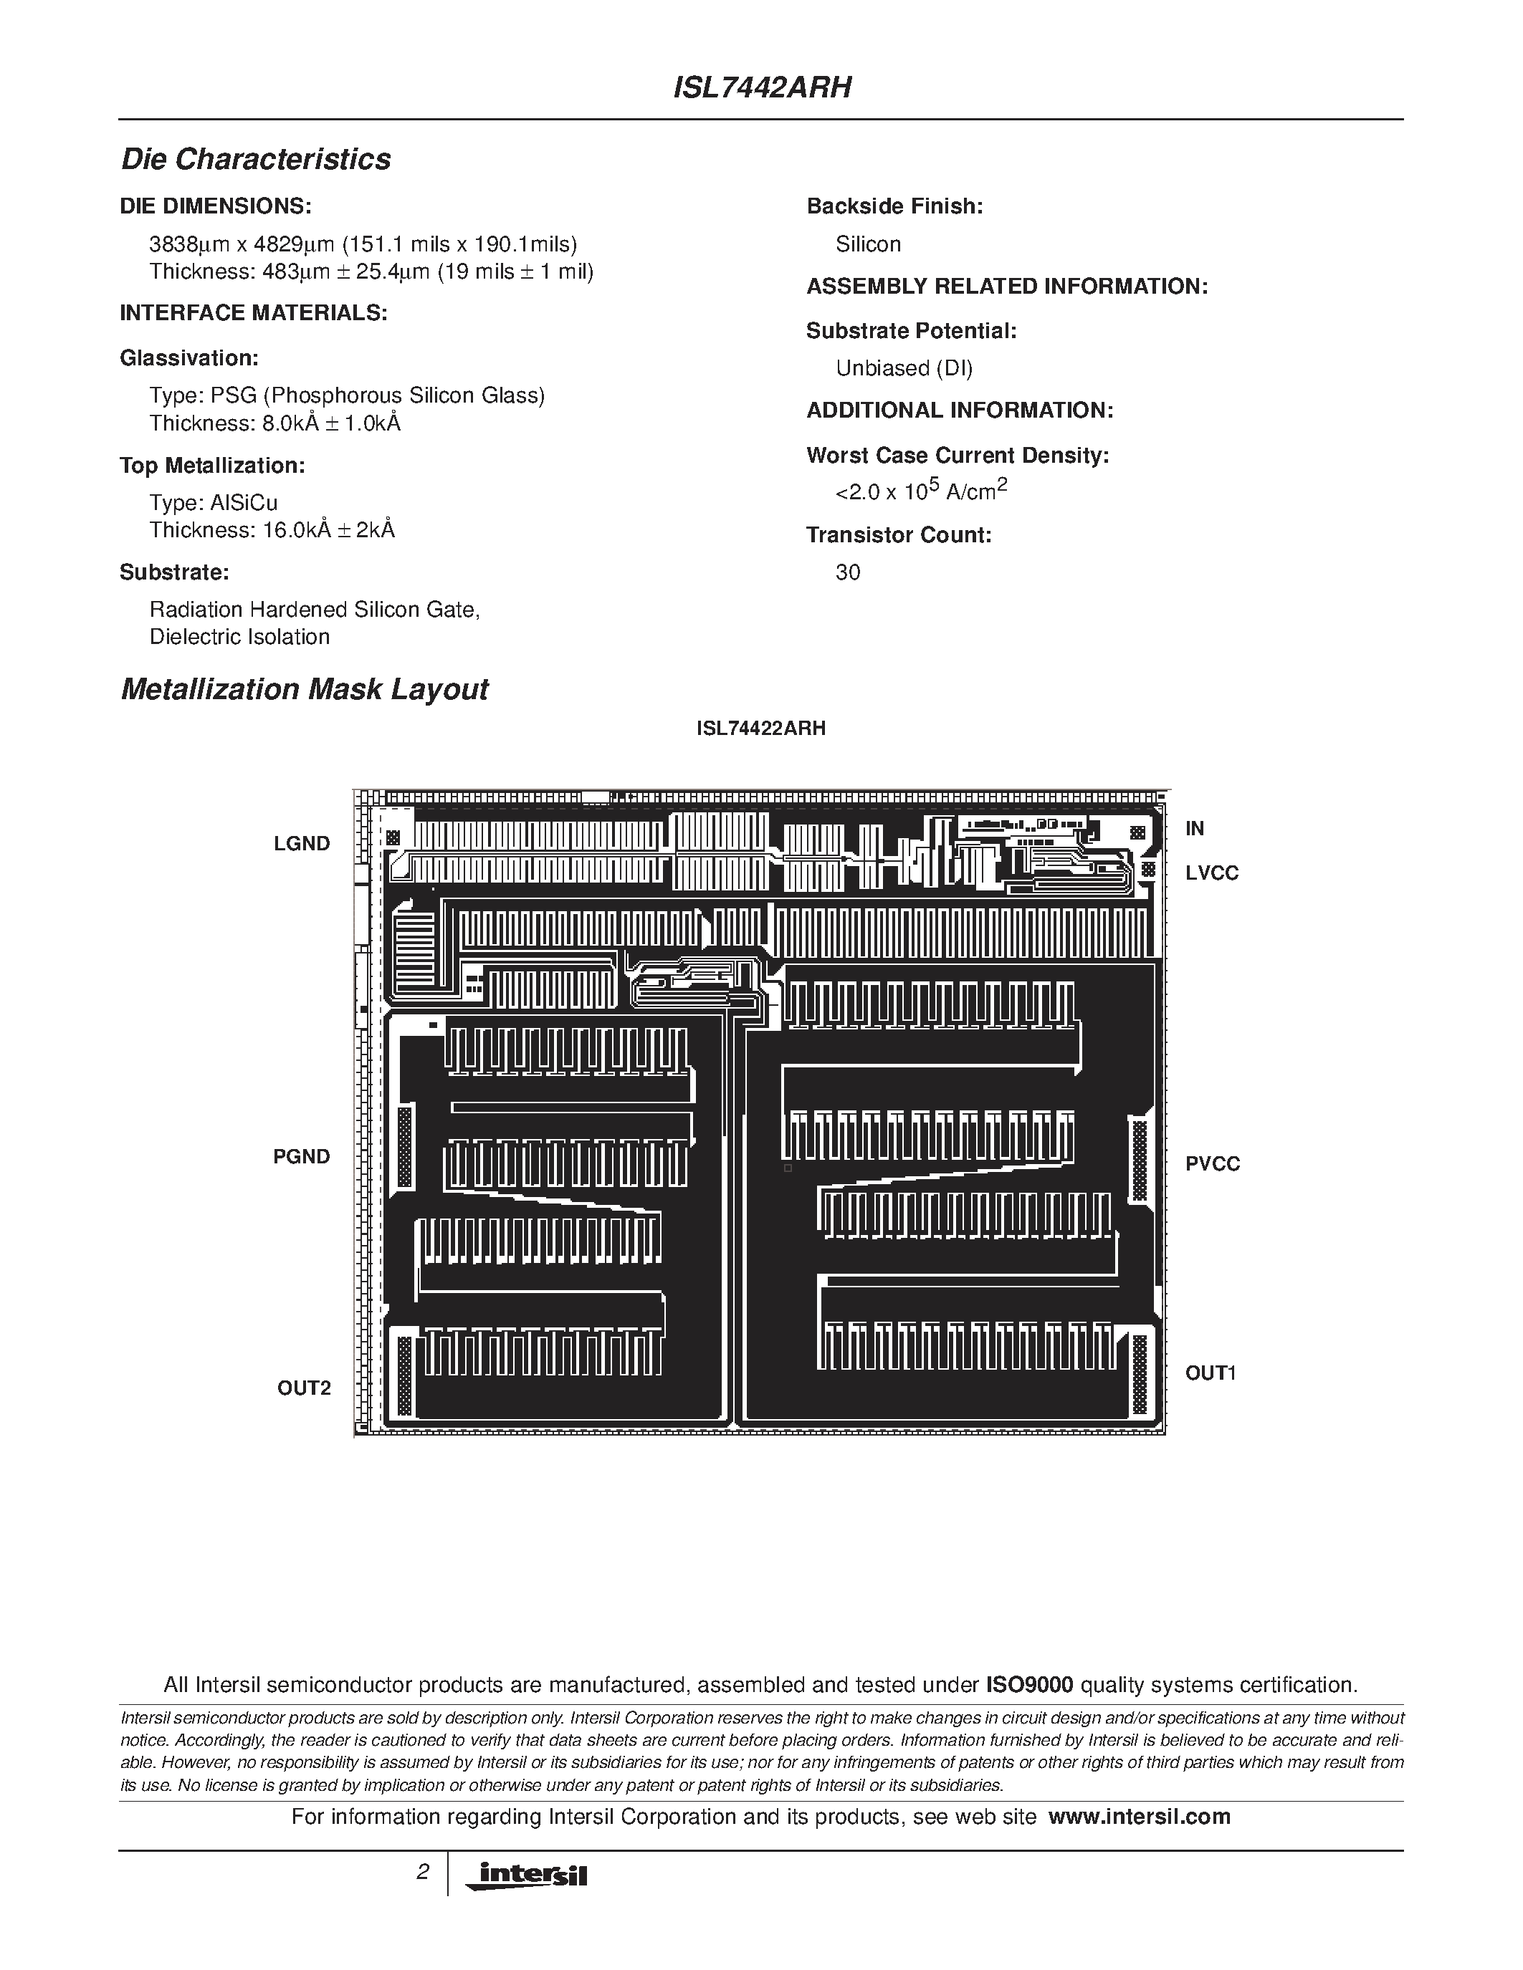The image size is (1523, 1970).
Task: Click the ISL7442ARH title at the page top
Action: coord(761,88)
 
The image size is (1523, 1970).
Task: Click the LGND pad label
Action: coord(302,843)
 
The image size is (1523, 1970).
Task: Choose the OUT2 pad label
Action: coord(304,1388)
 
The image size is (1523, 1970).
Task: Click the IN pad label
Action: coord(1195,828)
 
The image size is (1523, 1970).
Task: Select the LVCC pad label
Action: coord(1212,873)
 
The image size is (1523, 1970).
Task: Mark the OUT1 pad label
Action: coord(1210,1373)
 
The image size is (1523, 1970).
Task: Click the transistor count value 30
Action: coord(847,573)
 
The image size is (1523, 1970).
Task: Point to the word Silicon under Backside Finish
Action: coord(868,244)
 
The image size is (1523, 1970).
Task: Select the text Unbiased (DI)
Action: coord(904,368)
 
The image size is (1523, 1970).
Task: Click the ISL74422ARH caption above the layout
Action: coord(760,729)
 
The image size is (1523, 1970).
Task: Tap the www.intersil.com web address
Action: coord(1139,1817)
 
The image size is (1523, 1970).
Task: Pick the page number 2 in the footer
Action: coord(422,1873)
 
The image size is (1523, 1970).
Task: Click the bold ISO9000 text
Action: coord(1028,1685)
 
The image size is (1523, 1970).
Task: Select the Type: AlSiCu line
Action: coord(213,504)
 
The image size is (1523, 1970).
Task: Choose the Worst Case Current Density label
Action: coord(958,456)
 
